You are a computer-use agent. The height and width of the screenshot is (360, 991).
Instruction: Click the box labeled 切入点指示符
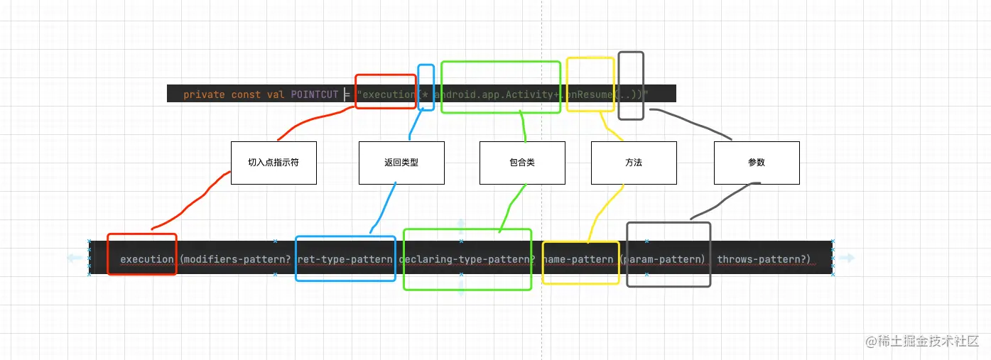(274, 163)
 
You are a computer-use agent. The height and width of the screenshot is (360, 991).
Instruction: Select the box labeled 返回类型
(401, 163)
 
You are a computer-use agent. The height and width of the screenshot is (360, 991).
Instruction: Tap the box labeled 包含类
(522, 163)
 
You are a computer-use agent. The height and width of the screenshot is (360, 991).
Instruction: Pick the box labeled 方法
(634, 163)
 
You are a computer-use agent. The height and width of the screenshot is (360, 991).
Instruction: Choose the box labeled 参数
(757, 163)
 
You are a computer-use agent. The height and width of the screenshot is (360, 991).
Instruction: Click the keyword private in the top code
(204, 94)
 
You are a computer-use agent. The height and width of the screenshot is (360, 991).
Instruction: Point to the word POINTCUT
(315, 94)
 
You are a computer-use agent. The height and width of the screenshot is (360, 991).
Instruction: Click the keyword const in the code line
(246, 94)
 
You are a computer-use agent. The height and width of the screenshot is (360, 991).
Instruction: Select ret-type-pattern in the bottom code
(345, 259)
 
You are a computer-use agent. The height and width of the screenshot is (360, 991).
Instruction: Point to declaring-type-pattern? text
(467, 259)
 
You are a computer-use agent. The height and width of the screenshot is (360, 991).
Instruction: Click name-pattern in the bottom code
(578, 259)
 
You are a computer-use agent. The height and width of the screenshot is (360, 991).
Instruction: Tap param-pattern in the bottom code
(665, 259)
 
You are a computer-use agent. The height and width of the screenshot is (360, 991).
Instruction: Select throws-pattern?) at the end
(763, 259)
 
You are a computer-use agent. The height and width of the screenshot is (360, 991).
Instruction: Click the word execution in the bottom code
(146, 259)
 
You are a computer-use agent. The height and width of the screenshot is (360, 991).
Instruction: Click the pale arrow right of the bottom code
(845, 258)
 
